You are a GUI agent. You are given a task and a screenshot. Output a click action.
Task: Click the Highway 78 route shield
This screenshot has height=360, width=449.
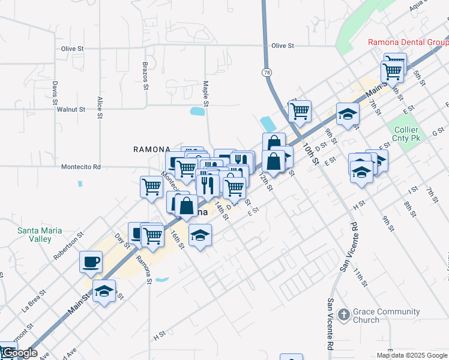267,72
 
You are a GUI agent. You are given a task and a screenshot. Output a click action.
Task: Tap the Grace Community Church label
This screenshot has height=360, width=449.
387,316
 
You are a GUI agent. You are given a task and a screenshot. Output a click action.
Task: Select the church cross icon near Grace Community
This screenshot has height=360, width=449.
343,314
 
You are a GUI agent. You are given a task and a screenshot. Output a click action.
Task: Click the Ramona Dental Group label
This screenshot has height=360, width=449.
408,43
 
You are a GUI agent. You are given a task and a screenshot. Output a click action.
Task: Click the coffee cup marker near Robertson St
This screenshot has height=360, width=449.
91,262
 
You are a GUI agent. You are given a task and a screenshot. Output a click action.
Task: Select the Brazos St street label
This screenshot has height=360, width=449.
145,75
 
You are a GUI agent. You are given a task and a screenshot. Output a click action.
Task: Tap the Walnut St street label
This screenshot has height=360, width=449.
71,110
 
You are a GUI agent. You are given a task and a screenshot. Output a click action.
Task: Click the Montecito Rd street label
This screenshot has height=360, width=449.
80,167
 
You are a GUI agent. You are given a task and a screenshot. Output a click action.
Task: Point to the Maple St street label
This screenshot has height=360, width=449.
205,94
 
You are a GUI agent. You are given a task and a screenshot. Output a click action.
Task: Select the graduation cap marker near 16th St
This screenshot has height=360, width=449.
200,235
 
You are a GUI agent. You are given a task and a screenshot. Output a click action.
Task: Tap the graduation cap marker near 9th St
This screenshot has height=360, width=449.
348,114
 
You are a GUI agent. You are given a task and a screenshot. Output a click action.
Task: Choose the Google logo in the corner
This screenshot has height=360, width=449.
20,353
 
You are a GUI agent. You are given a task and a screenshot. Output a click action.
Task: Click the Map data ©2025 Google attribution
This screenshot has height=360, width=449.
412,355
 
